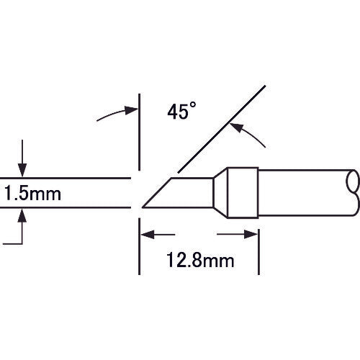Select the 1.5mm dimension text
coord(32,194)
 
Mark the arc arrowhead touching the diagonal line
coord(233,127)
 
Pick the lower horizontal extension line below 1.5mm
coord(65,208)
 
